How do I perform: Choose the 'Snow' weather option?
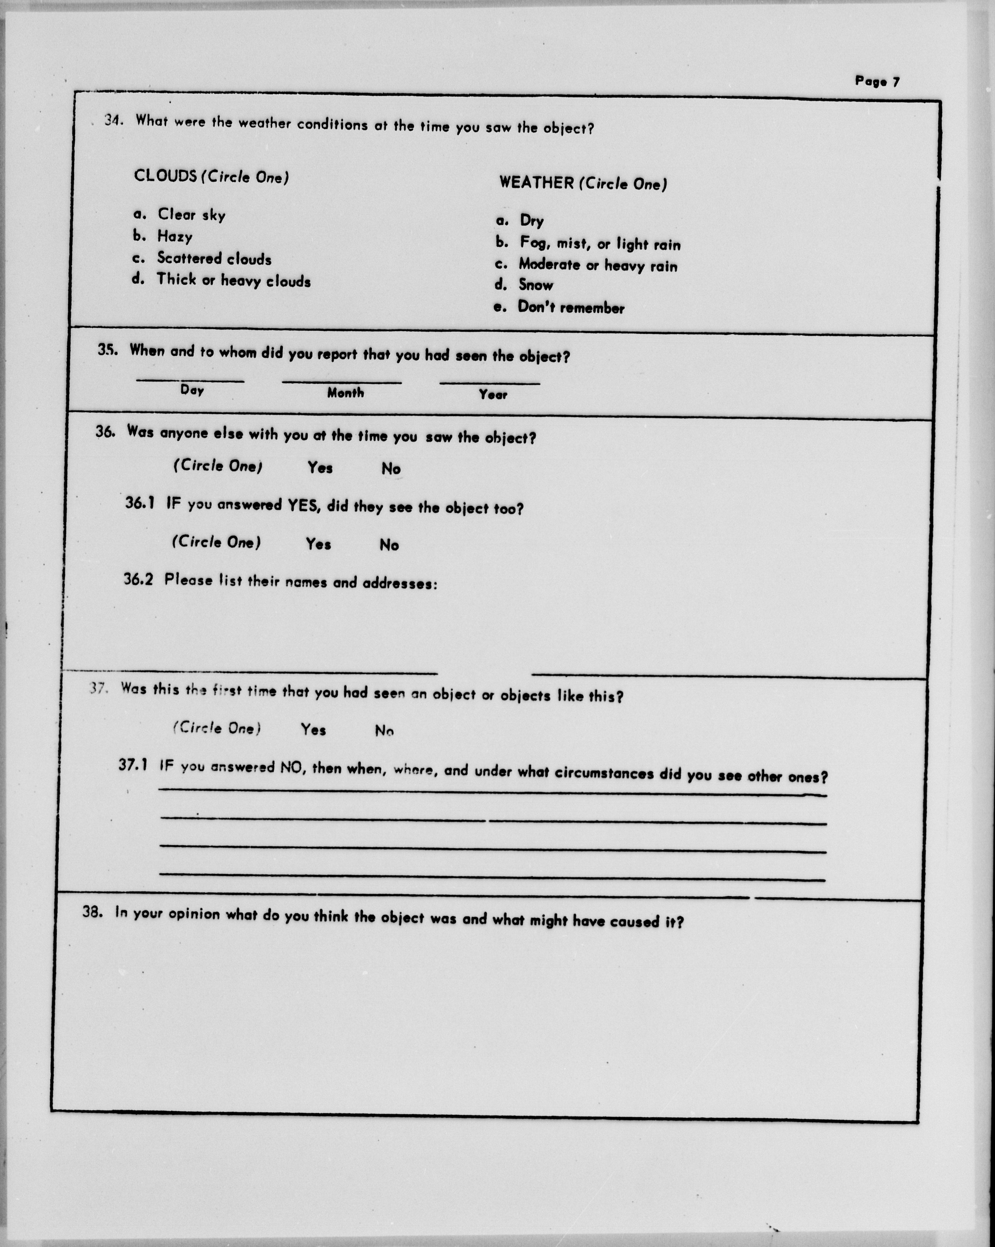coord(535,285)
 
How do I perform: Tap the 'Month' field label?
coord(345,393)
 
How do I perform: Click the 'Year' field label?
coord(493,395)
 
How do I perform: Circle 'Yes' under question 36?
coord(320,467)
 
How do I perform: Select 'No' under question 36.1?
coord(389,545)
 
